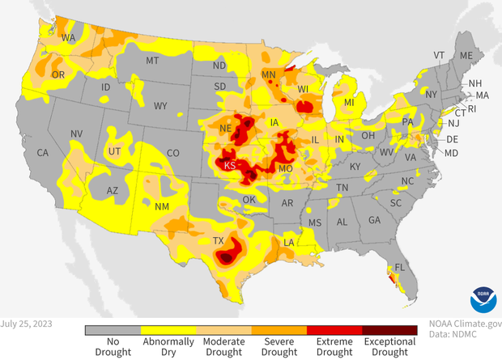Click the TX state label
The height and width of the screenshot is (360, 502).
pos(217,241)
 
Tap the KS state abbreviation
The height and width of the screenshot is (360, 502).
pos(229,165)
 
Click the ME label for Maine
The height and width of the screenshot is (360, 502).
pos(466,56)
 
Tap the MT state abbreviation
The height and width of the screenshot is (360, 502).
pos(151,61)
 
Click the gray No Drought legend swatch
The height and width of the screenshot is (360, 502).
pos(113,330)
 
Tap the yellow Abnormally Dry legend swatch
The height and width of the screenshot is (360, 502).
pos(168,330)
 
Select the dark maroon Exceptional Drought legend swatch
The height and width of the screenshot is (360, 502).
pos(389,330)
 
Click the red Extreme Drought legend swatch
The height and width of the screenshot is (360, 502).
pos(334,330)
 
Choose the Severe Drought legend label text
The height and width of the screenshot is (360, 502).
pos(279,346)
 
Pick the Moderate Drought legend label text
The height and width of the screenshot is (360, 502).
pos(223,346)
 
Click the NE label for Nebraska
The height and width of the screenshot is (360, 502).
pos(228,129)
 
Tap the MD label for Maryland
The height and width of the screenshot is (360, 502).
pos(452,153)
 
